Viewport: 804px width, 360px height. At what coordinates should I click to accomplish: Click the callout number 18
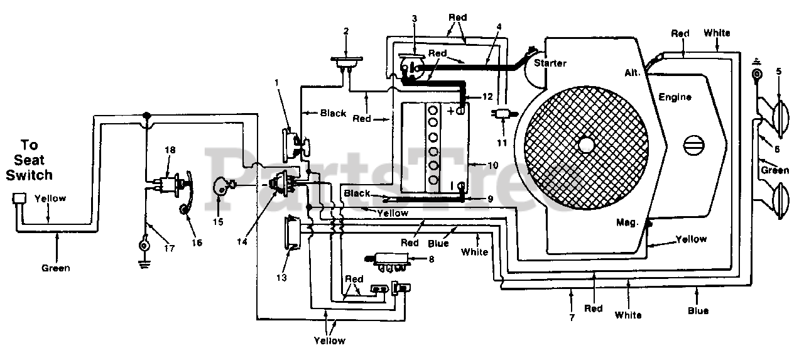[x=170, y=150]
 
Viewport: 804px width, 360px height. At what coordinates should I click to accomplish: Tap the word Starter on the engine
[x=550, y=63]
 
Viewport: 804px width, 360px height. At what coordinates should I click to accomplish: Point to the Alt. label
[x=633, y=73]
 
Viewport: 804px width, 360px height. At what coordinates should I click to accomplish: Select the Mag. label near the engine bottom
[x=627, y=223]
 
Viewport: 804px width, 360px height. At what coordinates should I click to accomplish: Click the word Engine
[x=675, y=97]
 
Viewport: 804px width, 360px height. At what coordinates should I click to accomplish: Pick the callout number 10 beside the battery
[x=493, y=165]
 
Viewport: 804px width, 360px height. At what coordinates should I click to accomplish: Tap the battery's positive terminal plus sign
[x=451, y=111]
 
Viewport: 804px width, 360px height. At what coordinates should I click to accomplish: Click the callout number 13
[x=282, y=278]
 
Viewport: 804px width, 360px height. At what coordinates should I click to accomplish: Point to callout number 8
[x=432, y=259]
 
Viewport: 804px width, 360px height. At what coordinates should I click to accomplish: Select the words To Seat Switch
[x=29, y=160]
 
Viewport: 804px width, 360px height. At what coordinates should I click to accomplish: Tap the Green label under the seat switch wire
[x=56, y=268]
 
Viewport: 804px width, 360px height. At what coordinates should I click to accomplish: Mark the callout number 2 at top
[x=346, y=31]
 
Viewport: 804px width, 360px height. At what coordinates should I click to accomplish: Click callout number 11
[x=502, y=143]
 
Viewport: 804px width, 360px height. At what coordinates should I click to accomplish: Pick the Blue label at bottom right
[x=698, y=311]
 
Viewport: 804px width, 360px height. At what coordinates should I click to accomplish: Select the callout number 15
[x=218, y=222]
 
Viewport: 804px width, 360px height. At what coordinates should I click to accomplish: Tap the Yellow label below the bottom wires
[x=330, y=341]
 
